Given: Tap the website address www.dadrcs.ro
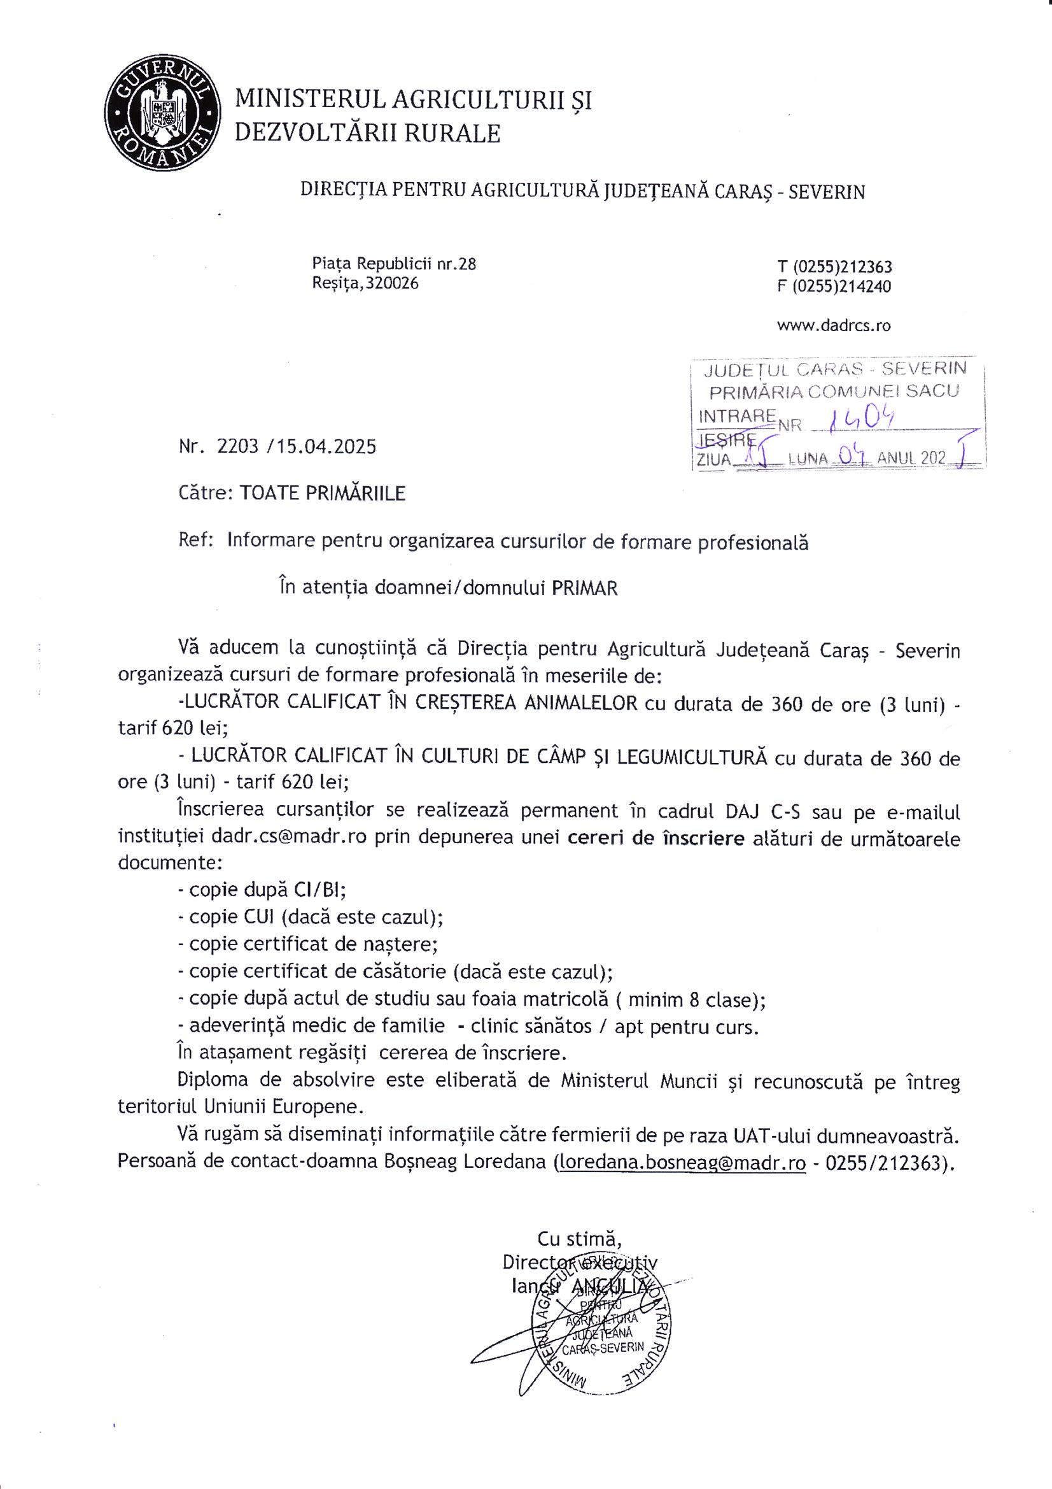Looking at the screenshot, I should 834,325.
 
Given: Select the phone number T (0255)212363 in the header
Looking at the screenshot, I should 834,267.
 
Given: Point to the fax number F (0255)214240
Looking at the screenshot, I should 834,286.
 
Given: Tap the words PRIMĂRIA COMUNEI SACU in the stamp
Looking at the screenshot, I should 834,392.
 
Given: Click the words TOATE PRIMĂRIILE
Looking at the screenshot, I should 322,493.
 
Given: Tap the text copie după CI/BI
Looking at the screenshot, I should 267,888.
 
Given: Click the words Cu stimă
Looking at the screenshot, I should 580,1238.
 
